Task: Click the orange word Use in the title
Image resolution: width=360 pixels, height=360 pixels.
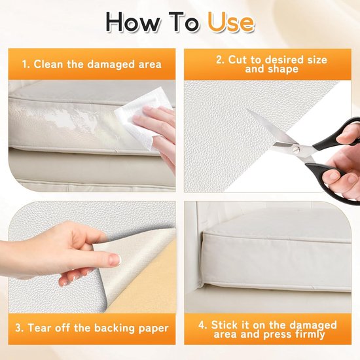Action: [231, 22]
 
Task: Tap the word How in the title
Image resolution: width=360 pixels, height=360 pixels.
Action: [134, 22]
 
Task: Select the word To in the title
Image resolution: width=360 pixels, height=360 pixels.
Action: [184, 22]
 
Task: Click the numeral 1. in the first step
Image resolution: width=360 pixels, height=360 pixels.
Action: [26, 65]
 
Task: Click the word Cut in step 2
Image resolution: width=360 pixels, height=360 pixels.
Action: [238, 60]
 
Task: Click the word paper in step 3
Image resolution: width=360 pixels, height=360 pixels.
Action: [154, 329]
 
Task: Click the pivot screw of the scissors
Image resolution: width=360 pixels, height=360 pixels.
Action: [297, 149]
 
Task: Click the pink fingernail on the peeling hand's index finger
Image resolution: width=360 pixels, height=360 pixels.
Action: [115, 260]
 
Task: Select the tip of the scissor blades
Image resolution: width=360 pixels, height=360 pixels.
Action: [247, 110]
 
